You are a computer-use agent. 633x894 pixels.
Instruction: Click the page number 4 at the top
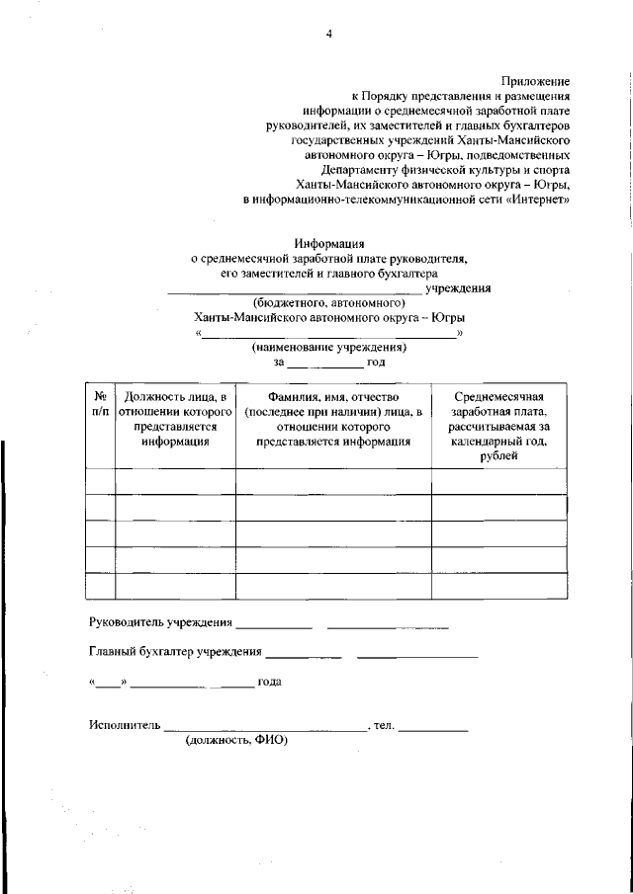(x=327, y=34)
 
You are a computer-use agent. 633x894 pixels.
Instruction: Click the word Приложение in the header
(x=536, y=80)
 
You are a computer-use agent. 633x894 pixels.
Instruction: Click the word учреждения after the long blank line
(x=458, y=287)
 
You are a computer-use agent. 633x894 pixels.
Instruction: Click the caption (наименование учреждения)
(x=328, y=348)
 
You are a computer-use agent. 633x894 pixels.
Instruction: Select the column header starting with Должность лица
(x=175, y=419)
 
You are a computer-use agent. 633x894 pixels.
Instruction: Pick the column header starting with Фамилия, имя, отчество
(x=332, y=419)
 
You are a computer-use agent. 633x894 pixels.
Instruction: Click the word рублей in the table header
(x=498, y=457)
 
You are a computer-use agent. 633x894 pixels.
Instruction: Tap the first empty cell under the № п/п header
(x=100, y=480)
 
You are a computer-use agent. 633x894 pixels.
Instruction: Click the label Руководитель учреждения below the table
(x=160, y=623)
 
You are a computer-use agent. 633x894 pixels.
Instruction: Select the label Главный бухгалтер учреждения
(x=175, y=652)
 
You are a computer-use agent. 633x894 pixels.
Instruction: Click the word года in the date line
(x=269, y=682)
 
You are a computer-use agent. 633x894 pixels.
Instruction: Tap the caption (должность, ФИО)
(x=235, y=740)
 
